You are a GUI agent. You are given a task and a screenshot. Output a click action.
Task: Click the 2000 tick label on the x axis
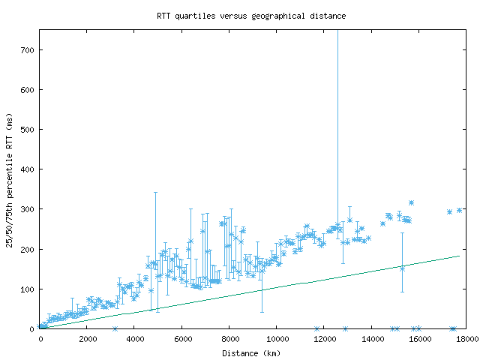(x=88, y=338)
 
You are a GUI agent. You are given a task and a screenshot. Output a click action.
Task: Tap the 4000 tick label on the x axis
(x=135, y=338)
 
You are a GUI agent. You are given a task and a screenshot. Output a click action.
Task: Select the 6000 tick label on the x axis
(x=182, y=338)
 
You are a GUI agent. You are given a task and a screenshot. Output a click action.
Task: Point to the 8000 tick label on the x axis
(x=229, y=338)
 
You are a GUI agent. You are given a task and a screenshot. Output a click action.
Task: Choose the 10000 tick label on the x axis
(x=277, y=338)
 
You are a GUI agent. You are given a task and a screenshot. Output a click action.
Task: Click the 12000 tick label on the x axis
(x=324, y=338)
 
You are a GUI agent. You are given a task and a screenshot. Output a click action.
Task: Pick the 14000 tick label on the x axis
(x=371, y=338)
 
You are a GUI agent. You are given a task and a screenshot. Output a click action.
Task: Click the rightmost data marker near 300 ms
(x=459, y=210)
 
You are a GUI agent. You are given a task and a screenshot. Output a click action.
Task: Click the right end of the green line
(x=459, y=256)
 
